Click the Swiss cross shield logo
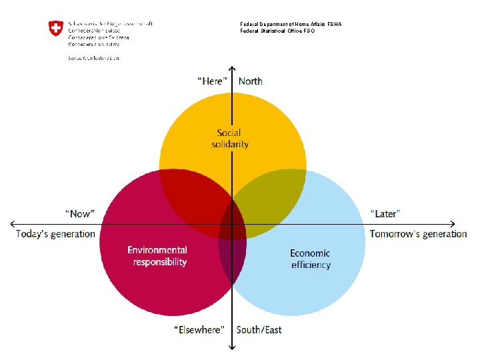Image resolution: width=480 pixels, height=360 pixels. click(56, 29)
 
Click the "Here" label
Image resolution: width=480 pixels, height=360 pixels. click(213, 81)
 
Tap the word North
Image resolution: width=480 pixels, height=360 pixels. click(251, 81)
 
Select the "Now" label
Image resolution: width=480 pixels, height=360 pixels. click(80, 213)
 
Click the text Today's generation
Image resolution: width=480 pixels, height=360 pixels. click(56, 234)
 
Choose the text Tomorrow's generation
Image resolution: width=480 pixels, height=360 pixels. click(419, 234)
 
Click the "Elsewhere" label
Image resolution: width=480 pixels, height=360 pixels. click(199, 330)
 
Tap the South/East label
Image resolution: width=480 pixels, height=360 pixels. click(259, 330)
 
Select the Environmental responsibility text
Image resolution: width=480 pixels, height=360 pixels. click(157, 256)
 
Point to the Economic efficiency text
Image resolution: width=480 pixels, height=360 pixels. click(310, 259)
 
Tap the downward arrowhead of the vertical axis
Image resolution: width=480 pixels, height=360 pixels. click(231, 347)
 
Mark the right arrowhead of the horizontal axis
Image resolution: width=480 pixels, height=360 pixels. click(453, 223)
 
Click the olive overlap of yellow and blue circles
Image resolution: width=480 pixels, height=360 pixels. click(270, 200)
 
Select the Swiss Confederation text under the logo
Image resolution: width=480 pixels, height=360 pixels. click(93, 58)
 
